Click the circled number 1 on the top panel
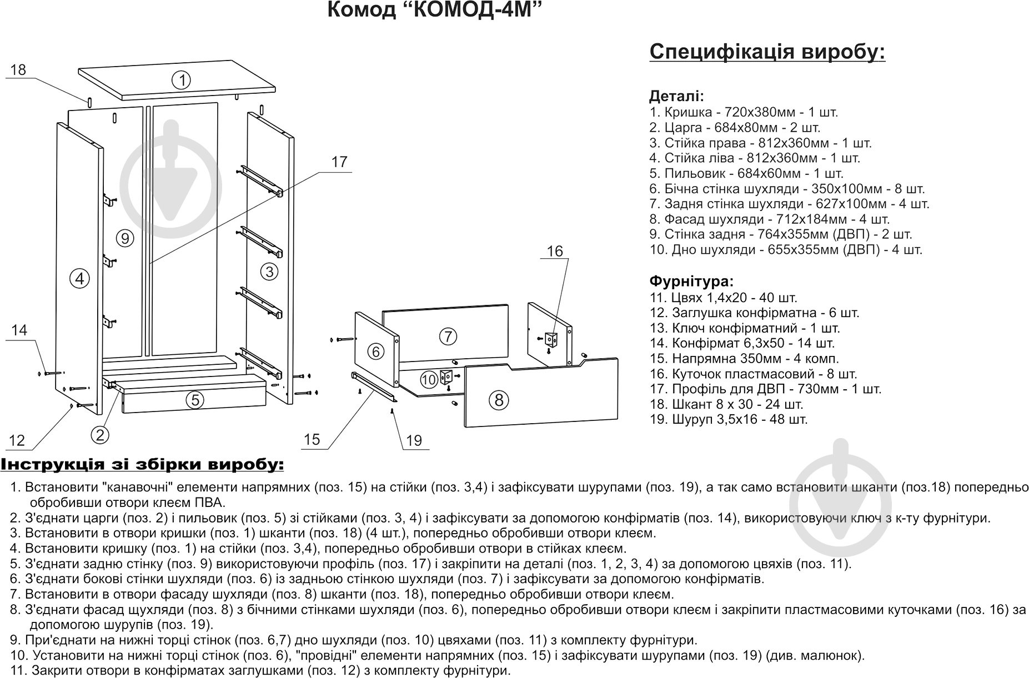pos(181,81)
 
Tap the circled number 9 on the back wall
pos(126,239)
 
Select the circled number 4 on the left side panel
pos(81,278)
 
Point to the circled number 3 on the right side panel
pos(269,272)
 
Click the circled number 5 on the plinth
pos(194,400)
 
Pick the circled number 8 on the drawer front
pos(499,400)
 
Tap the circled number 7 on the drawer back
pos(448,336)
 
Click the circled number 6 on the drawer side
pos(376,351)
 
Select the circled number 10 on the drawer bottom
pos(428,380)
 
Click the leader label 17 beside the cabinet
pos(339,162)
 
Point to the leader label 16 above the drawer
pos(555,252)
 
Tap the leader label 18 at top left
pos(18,70)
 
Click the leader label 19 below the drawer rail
pos(414,440)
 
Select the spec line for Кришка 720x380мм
pos(744,112)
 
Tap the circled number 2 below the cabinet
pos(100,435)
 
